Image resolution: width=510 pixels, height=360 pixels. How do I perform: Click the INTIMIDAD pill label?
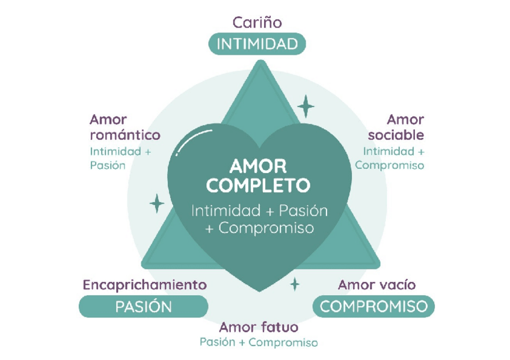click(257, 44)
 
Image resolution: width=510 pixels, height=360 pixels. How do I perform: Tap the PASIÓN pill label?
click(143, 307)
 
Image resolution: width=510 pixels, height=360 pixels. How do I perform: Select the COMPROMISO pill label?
click(373, 307)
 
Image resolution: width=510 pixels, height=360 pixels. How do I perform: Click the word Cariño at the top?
click(257, 23)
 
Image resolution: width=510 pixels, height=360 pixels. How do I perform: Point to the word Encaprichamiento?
click(144, 284)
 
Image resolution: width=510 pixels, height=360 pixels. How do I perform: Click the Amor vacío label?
click(376, 284)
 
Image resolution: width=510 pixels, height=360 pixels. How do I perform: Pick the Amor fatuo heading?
click(259, 328)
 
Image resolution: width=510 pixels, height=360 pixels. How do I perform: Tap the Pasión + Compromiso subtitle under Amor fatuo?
click(259, 343)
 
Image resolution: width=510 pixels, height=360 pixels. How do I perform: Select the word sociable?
click(396, 135)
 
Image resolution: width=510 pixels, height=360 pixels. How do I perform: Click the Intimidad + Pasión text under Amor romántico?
click(120, 158)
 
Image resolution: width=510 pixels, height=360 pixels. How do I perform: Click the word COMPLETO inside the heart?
click(258, 185)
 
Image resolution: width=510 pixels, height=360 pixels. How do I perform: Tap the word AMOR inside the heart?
click(258, 166)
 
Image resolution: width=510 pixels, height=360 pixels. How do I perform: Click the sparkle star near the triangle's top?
click(306, 106)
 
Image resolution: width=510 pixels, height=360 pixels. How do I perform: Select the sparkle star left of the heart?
click(157, 203)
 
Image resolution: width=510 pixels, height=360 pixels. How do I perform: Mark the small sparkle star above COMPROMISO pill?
click(295, 283)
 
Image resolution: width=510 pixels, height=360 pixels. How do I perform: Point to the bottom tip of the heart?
click(259, 290)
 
